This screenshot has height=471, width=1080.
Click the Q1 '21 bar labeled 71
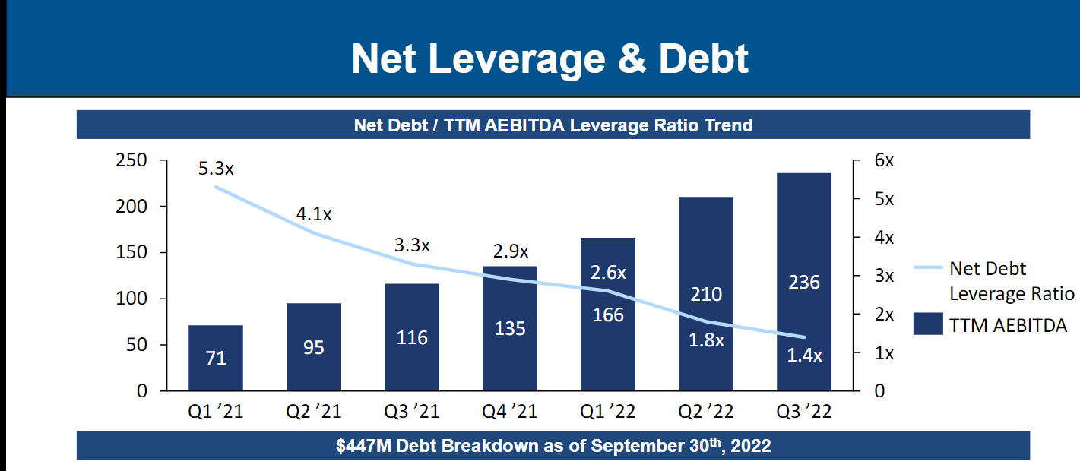(216, 358)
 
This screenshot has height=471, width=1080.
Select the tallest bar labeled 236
(804, 282)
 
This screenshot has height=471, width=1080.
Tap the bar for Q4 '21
(510, 328)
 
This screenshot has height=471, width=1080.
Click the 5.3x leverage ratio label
(217, 169)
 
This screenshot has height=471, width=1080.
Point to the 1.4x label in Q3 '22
(804, 355)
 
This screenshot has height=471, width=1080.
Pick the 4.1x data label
(314, 214)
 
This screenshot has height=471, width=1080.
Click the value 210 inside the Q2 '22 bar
(706, 294)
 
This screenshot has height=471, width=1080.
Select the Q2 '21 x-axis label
(314, 412)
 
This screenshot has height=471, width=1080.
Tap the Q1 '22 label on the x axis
(608, 412)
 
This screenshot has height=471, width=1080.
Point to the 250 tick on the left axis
(131, 161)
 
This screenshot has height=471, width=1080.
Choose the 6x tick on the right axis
(884, 161)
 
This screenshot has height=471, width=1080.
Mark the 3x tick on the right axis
(884, 276)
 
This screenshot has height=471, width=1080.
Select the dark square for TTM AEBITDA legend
(928, 324)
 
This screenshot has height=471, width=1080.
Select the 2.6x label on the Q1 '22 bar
(608, 272)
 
